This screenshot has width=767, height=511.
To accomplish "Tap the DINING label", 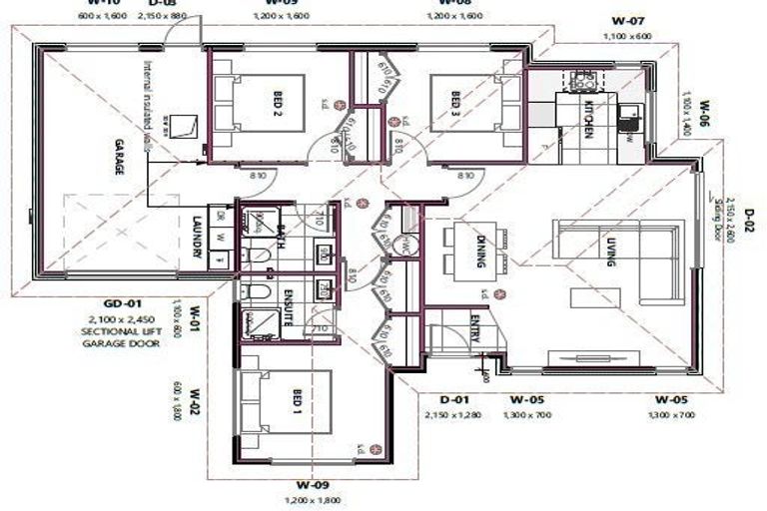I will (x=480, y=251).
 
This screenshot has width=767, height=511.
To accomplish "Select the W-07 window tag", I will (x=628, y=20).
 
